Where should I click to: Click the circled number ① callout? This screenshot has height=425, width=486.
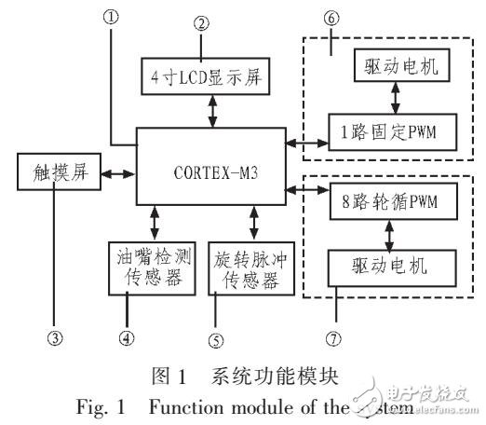click(112, 15)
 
